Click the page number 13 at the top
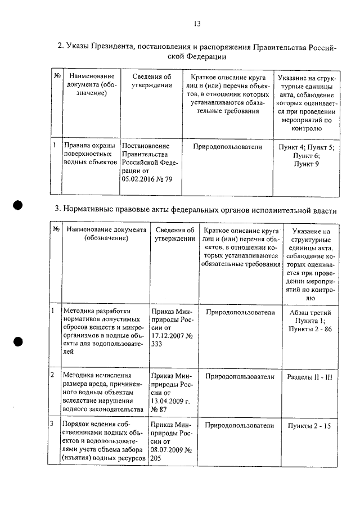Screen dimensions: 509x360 pyautogui.click(x=197, y=24)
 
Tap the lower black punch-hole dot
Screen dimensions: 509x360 pyautogui.click(x=19, y=341)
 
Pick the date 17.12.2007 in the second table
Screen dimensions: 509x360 pyautogui.click(x=169, y=339)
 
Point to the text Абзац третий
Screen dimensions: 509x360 pyautogui.click(x=310, y=312)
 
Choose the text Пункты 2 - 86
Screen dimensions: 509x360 pyautogui.click(x=310, y=329)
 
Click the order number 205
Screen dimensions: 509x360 pyautogui.click(x=157, y=459)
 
